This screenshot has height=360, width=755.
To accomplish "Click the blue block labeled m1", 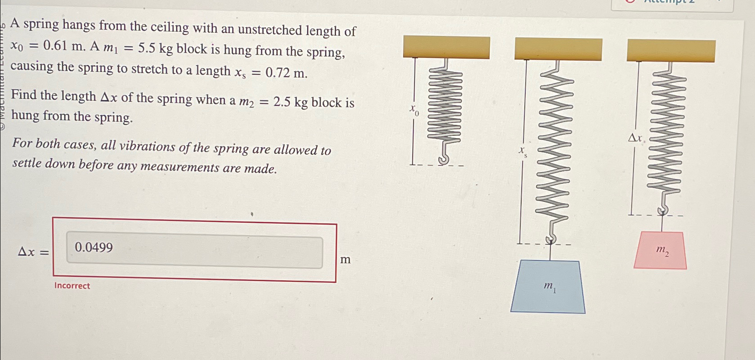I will coord(548,287).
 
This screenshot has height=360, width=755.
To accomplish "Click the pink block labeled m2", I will coord(660,251).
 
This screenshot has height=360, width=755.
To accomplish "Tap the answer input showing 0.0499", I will coord(194,252).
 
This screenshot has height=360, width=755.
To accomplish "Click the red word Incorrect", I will coord(72,286).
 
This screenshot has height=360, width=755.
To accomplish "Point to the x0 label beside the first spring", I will coord(414,109).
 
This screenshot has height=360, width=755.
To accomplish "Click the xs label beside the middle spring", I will coord(523,151).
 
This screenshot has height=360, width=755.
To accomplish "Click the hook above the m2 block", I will coord(663,209).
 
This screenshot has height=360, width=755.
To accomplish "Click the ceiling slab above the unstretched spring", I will coord(446,48).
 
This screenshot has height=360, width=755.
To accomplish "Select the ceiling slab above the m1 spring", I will coord(558,49).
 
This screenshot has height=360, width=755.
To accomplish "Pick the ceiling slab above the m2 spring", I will coord(671,51).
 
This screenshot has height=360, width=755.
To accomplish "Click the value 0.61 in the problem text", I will coord(55,46).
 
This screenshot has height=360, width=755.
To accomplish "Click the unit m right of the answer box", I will coord(345,260).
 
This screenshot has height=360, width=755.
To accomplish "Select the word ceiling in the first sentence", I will coord(170,27).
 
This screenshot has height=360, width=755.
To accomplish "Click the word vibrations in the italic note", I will coord(147,146).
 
